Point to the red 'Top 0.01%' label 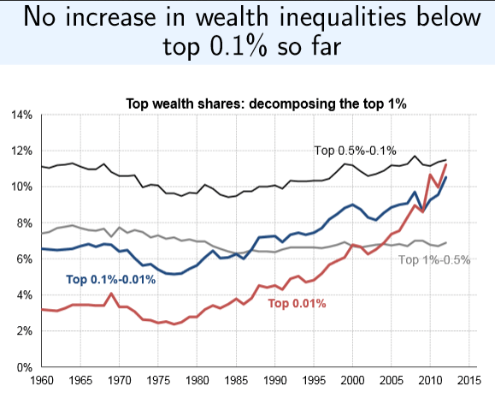pyautogui.click(x=298, y=302)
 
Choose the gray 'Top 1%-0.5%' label pyautogui.click(x=435, y=259)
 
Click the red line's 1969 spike pyautogui.click(x=111, y=294)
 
